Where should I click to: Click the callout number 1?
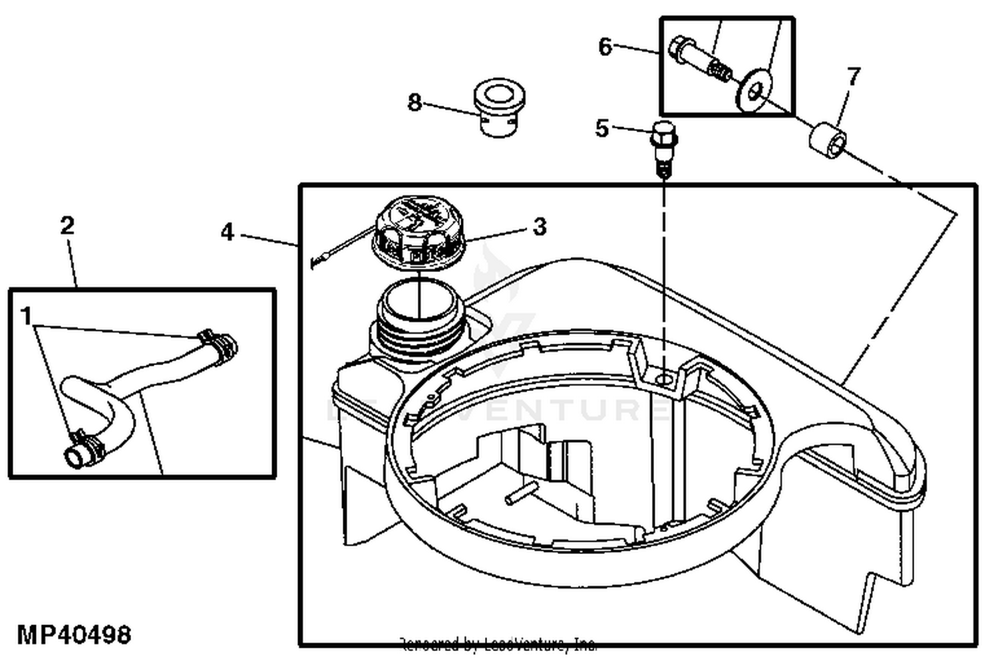coord(27,316)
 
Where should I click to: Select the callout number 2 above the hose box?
coord(67,226)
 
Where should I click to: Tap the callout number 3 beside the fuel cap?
coord(540,227)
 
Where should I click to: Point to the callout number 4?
coord(228,233)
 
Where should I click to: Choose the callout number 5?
coord(602,128)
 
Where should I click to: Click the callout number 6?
coord(605,47)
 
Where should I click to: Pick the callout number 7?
coord(853,76)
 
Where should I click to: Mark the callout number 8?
coord(415,103)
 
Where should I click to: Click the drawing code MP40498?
coord(73,634)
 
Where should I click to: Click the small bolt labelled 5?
coord(661,146)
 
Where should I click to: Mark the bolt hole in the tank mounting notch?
coord(663,379)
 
